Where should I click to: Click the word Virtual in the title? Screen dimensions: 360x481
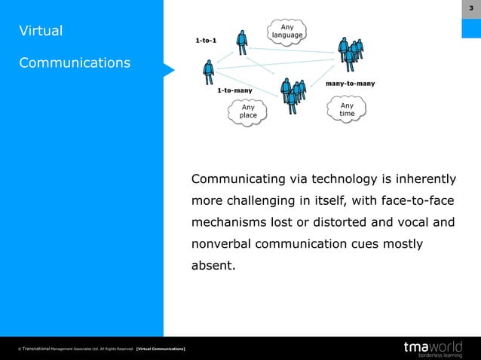click(x=41, y=32)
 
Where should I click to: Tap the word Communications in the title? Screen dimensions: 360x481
click(x=75, y=63)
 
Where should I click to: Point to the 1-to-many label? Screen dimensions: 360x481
click(x=234, y=90)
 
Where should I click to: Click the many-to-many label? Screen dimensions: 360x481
click(x=350, y=83)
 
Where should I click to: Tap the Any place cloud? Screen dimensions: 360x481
click(x=248, y=111)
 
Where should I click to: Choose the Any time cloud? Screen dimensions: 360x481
click(x=347, y=110)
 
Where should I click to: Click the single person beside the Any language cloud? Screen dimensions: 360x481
click(x=241, y=42)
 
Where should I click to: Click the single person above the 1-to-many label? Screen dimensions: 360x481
click(x=208, y=73)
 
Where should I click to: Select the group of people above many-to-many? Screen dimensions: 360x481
click(x=351, y=53)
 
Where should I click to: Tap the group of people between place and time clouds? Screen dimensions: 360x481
click(x=294, y=93)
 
